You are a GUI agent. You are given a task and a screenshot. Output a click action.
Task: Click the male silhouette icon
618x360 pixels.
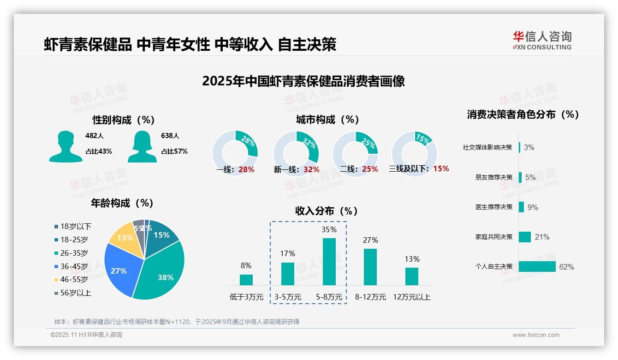pos(65,147)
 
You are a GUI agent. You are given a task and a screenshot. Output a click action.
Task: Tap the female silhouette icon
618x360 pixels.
pos(142,147)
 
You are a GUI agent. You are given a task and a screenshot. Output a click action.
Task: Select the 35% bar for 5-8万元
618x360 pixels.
pos(329,261)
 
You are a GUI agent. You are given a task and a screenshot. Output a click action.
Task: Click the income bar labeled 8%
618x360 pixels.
pos(246,280)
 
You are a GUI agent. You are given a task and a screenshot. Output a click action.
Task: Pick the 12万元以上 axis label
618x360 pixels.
pos(411,297)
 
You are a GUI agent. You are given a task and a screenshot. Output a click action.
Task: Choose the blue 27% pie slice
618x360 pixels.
pos(119,270)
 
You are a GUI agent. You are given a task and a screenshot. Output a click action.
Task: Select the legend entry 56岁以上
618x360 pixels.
pos(76,293)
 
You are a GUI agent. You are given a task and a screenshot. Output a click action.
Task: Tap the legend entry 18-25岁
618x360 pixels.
pos(74,240)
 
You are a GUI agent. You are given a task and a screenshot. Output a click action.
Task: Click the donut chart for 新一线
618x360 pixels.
pos(296,153)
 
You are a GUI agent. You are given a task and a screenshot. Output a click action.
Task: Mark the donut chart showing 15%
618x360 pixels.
pos(414,153)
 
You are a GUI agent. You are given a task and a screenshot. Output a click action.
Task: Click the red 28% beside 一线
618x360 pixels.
pos(246,169)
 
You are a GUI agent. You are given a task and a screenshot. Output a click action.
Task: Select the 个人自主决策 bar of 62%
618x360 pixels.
pos(537,267)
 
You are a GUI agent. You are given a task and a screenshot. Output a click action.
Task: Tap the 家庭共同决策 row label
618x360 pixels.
pos(493,237)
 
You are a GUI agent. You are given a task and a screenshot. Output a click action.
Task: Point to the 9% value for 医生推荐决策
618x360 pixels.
pos(533,207)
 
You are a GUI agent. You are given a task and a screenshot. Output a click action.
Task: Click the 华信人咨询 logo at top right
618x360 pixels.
pos(542,40)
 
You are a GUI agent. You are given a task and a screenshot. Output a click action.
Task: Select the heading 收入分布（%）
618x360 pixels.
pos(327,211)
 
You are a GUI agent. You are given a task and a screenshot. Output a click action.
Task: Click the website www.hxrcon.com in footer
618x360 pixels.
pos(535,335)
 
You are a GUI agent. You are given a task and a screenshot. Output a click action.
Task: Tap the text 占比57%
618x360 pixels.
pos(174,151)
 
